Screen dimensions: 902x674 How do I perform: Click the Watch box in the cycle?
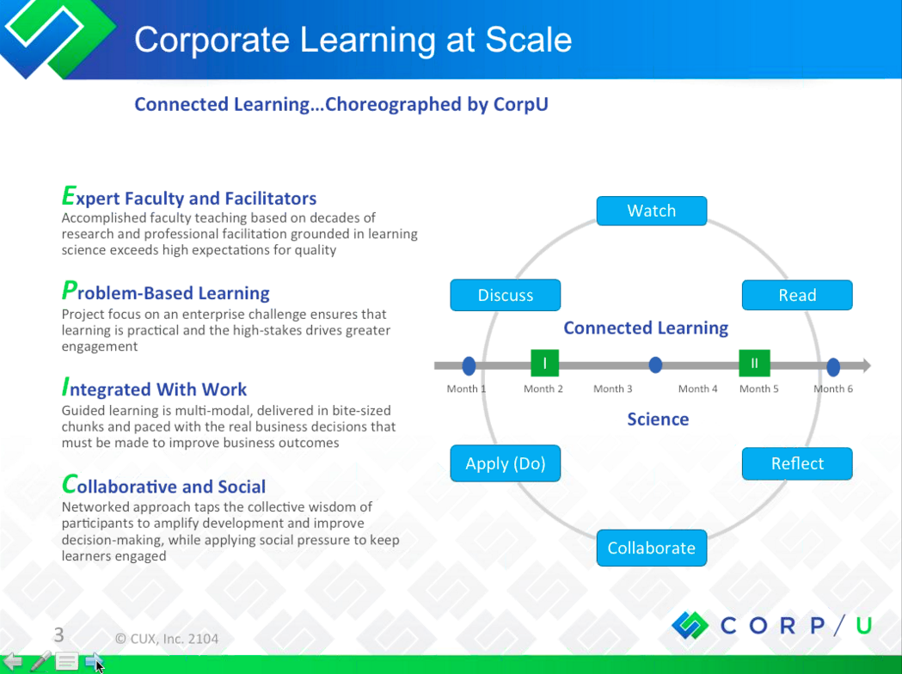click(x=651, y=211)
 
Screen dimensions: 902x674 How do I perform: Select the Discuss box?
click(x=505, y=295)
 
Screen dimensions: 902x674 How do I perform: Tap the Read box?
click(x=797, y=295)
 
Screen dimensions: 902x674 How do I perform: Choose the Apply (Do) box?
click(x=505, y=463)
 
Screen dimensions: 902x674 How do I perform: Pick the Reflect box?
click(x=797, y=463)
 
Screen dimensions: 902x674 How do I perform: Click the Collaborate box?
click(x=651, y=548)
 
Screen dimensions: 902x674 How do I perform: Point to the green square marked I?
click(x=544, y=363)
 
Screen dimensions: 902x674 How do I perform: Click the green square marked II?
click(x=754, y=363)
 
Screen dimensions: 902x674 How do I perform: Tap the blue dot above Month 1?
click(x=469, y=365)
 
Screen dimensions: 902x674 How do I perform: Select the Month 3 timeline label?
click(x=612, y=389)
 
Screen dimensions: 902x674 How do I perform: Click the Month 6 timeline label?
click(x=833, y=389)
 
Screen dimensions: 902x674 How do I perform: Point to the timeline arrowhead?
click(x=865, y=365)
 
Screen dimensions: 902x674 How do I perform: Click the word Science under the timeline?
click(x=658, y=420)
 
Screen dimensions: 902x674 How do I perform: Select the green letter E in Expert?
click(x=69, y=195)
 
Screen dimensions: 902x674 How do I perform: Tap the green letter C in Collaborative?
click(x=69, y=484)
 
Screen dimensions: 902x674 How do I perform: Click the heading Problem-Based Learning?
click(x=166, y=291)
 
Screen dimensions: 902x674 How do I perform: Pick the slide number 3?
click(x=58, y=635)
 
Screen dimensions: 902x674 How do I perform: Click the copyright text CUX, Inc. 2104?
click(x=173, y=639)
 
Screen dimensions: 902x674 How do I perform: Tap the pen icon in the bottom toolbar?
click(x=40, y=661)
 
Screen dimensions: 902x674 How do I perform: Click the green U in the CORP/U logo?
click(x=863, y=625)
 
